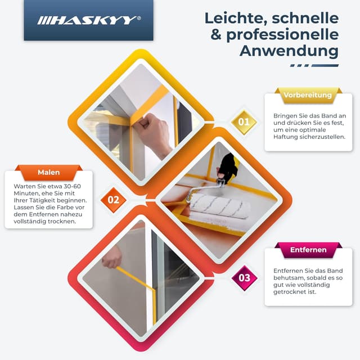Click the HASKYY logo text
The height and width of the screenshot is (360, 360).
click(87, 21)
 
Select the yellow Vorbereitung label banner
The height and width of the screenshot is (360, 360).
click(308, 95)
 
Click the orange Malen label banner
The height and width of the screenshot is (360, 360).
click(48, 172)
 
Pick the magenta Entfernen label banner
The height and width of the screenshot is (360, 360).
click(308, 250)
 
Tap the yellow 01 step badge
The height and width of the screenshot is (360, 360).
click(244, 121)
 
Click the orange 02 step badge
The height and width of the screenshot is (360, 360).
click(113, 199)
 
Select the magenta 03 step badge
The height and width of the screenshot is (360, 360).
click(244, 277)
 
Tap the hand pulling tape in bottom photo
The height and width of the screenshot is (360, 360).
click(112, 256)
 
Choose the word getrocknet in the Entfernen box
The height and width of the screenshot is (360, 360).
click(293, 292)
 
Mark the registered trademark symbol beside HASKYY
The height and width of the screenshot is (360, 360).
click(139, 18)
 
